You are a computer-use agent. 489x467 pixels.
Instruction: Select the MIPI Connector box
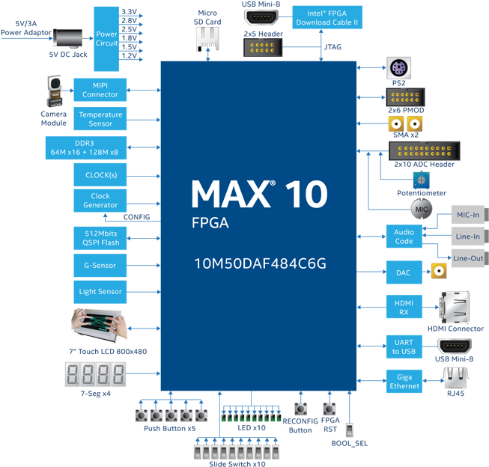coord(100,90)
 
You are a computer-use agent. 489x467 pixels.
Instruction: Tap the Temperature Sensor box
coord(100,119)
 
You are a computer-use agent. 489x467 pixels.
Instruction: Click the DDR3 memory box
coord(85,147)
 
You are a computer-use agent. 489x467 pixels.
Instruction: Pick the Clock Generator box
coord(100,201)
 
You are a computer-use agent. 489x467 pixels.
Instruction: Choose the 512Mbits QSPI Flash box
coord(100,238)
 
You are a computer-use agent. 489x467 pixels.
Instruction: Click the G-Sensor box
coord(100,265)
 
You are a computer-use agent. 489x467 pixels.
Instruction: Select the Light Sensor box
coord(100,292)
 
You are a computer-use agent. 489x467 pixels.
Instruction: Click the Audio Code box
coord(404,236)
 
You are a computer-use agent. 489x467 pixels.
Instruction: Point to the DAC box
coord(404,273)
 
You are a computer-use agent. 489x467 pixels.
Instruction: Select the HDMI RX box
coord(404,307)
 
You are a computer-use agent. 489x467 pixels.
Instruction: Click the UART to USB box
coord(404,346)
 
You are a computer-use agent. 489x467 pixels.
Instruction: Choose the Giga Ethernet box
coord(404,382)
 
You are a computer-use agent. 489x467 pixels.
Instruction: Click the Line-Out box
coord(467,257)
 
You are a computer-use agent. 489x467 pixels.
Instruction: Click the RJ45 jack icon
coord(454,378)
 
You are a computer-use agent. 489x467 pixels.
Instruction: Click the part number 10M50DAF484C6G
coord(260,264)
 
